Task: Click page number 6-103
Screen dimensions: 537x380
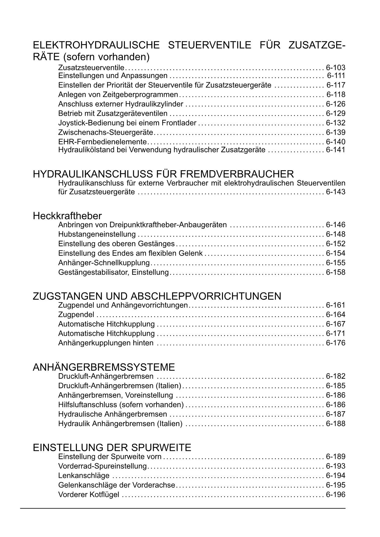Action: (x=336, y=68)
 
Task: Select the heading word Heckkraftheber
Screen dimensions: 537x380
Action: (x=67, y=216)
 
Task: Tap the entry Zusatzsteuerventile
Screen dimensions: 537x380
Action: (x=91, y=68)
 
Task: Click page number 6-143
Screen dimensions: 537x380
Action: (x=336, y=192)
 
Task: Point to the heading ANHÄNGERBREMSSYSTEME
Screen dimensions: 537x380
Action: (x=104, y=367)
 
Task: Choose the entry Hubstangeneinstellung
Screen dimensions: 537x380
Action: (x=97, y=235)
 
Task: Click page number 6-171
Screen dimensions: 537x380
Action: (x=336, y=333)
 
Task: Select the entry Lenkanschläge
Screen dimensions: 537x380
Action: (x=84, y=475)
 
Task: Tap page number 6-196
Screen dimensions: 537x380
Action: (x=336, y=494)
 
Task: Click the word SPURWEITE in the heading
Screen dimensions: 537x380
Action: (x=164, y=448)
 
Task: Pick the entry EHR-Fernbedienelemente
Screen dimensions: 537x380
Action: (x=103, y=142)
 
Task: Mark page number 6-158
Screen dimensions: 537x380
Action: (x=336, y=272)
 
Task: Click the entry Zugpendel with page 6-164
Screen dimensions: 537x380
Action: (x=76, y=315)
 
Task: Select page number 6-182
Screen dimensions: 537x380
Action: (x=336, y=376)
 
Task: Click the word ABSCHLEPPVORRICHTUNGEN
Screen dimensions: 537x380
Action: (x=206, y=296)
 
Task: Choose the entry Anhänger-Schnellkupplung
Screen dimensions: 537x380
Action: (x=104, y=263)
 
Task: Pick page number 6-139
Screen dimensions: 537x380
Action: (x=336, y=133)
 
